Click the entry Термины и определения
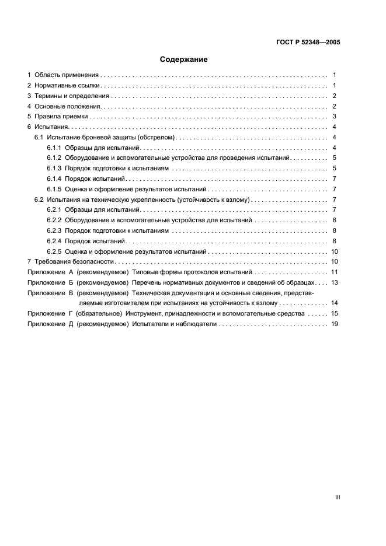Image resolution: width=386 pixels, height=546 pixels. click(x=71, y=96)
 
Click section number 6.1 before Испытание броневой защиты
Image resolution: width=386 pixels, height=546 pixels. click(x=39, y=137)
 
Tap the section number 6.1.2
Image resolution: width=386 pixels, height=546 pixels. click(x=54, y=158)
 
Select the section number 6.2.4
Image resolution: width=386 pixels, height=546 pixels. click(x=54, y=241)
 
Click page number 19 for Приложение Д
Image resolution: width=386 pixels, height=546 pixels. click(x=335, y=324)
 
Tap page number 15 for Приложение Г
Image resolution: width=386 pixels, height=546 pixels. click(x=335, y=314)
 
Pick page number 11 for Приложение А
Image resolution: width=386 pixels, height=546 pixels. click(x=335, y=272)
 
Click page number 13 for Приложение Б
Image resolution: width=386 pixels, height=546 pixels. click(x=335, y=282)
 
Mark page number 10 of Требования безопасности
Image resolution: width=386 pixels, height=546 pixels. click(x=335, y=262)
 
